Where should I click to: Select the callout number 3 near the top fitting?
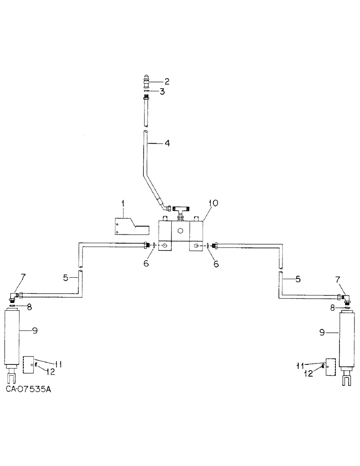(162, 92)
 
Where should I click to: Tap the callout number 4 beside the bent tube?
(166, 144)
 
